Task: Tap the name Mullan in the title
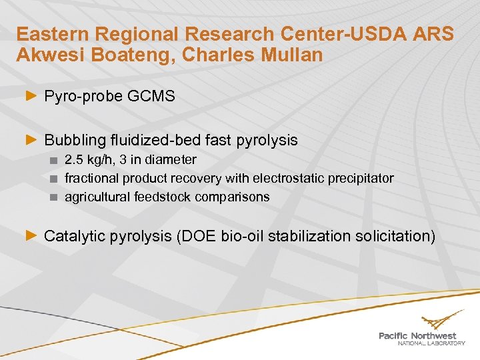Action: click(291, 55)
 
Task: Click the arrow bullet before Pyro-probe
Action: click(31, 97)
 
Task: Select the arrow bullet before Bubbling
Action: click(31, 140)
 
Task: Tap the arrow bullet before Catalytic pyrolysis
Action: click(31, 235)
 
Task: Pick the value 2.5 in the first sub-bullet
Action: click(73, 160)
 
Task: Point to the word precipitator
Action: click(359, 179)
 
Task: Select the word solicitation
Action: click(392, 235)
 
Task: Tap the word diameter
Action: click(171, 160)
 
